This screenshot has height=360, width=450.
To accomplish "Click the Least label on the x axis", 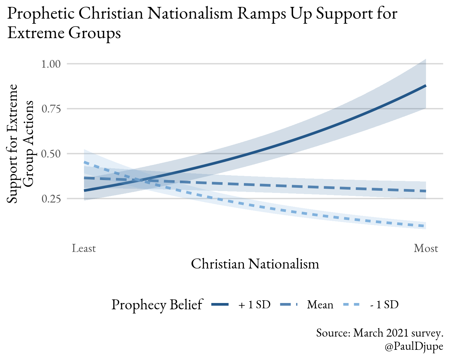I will pyautogui.click(x=84, y=248).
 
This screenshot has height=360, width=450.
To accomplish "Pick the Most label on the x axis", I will pyautogui.click(x=426, y=248).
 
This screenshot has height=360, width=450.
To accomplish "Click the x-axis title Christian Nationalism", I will pyautogui.click(x=255, y=264).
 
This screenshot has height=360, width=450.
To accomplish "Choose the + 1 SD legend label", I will pyautogui.click(x=254, y=305).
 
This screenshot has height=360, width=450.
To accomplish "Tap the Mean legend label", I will pyautogui.click(x=320, y=305).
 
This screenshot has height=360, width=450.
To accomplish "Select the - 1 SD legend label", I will pyautogui.click(x=384, y=305).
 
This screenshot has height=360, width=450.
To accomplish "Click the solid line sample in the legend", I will pyautogui.click(x=220, y=305).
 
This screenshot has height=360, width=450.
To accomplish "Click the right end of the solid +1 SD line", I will pyautogui.click(x=425, y=86).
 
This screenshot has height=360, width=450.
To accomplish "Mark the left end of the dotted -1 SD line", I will pyautogui.click(x=85, y=162).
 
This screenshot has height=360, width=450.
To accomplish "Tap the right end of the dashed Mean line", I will pyautogui.click(x=425, y=191).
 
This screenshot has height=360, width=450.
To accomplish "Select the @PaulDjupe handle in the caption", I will pyautogui.click(x=414, y=346).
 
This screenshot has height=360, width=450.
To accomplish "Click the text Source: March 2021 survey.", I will pyautogui.click(x=379, y=333).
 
